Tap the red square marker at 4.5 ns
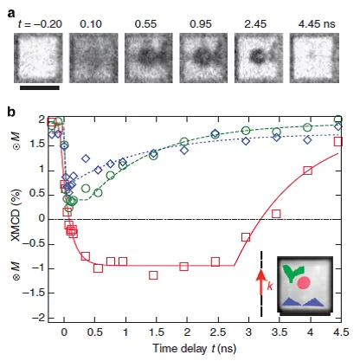[338, 141]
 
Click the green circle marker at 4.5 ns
[338, 119]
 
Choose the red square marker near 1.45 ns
[153, 274]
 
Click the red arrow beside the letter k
[258, 283]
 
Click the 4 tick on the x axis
[308, 332]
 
